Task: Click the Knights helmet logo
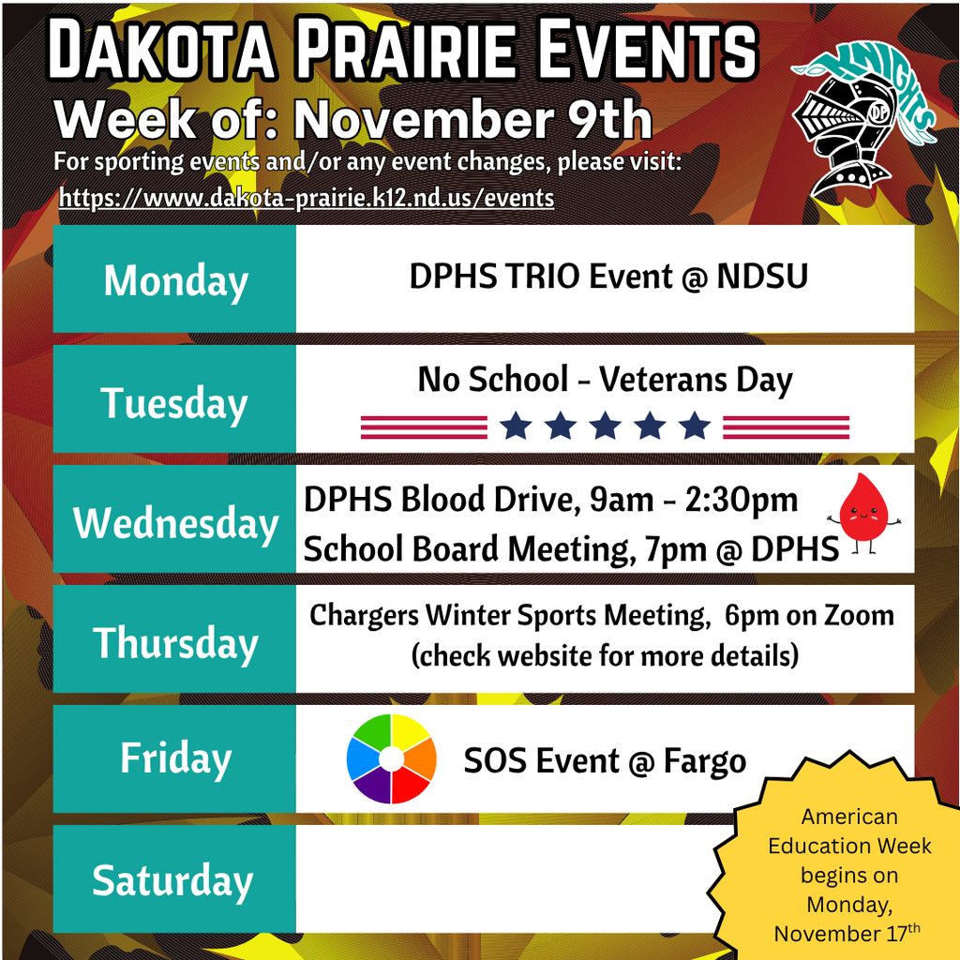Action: click(858, 122)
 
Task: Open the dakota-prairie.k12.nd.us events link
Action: click(307, 198)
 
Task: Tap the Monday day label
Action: click(175, 280)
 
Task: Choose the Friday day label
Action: click(175, 757)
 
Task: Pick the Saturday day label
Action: click(173, 880)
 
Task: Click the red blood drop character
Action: click(862, 511)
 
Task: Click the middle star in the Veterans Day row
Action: click(605, 427)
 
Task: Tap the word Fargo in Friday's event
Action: click(704, 760)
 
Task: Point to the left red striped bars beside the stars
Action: click(424, 427)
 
